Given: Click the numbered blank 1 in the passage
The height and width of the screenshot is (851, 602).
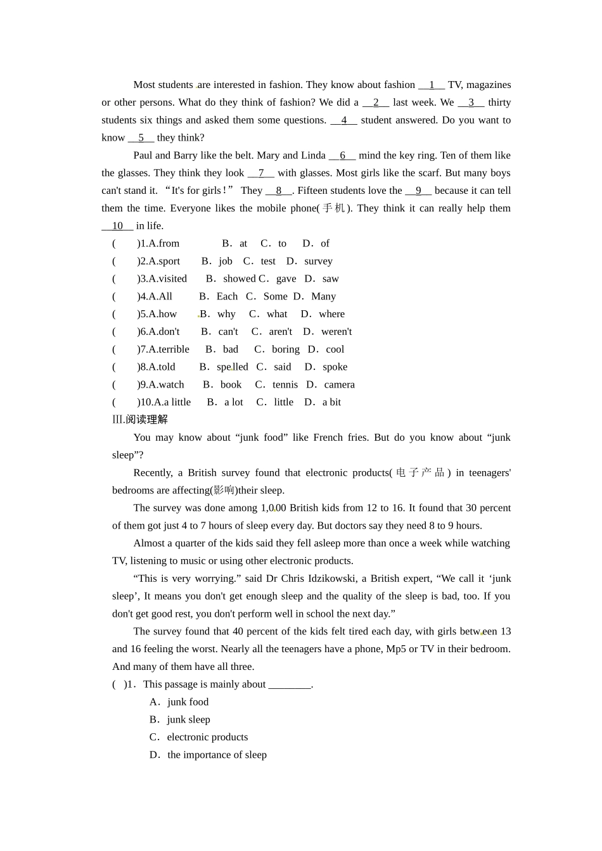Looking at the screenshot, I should pyautogui.click(x=432, y=85).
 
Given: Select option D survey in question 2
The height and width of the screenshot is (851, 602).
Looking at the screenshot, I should pyautogui.click(x=318, y=261).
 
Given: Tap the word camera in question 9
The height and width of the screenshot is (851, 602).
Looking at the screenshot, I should pyautogui.click(x=339, y=384).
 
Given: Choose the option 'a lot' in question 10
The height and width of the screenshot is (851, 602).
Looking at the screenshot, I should pyautogui.click(x=233, y=402).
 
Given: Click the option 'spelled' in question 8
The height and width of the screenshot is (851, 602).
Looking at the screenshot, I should pyautogui.click(x=232, y=367).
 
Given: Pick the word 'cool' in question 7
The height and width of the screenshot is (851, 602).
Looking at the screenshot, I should pyautogui.click(x=335, y=349).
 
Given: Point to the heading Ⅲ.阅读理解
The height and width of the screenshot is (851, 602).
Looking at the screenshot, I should pyautogui.click(x=140, y=419).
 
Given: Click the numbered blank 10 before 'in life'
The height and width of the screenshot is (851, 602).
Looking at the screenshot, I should pyautogui.click(x=117, y=226).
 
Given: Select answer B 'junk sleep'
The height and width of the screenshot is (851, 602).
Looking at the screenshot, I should pyautogui.click(x=188, y=719).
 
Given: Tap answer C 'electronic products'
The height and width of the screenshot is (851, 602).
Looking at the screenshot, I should pyautogui.click(x=207, y=737).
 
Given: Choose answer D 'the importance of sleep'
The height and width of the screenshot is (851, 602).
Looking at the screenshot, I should pyautogui.click(x=217, y=755).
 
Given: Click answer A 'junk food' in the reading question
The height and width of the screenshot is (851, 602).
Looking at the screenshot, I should pyautogui.click(x=188, y=702).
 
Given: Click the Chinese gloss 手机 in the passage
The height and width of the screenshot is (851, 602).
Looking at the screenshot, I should pyautogui.click(x=334, y=208).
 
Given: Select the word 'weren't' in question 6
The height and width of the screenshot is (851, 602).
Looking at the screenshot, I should pyautogui.click(x=336, y=332).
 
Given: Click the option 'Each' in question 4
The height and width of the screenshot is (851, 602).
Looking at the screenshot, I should pyautogui.click(x=227, y=296).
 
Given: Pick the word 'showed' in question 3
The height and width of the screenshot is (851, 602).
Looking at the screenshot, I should pyautogui.click(x=239, y=279).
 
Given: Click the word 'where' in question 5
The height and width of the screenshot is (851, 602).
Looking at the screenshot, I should pyautogui.click(x=331, y=314).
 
